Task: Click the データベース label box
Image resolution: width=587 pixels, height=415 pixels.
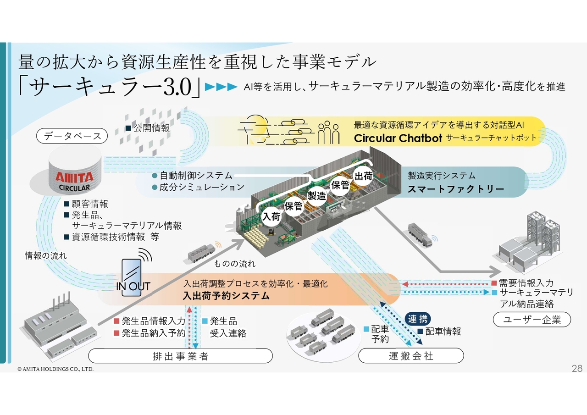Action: pyautogui.click(x=72, y=136)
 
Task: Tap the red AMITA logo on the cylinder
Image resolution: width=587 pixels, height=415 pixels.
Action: pyautogui.click(x=74, y=177)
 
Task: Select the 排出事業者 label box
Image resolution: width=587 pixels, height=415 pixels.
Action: pyautogui.click(x=180, y=356)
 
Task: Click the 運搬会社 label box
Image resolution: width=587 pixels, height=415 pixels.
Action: pyautogui.click(x=411, y=356)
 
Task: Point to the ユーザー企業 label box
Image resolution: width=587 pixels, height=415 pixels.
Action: pyautogui.click(x=532, y=320)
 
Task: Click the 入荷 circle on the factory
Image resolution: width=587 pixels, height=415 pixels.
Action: pyautogui.click(x=271, y=216)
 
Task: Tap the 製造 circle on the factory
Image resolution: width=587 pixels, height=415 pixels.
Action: pyautogui.click(x=317, y=196)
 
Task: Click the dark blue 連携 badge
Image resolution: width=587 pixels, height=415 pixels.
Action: pyautogui.click(x=418, y=319)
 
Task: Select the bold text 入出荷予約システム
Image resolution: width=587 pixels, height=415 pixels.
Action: pyautogui.click(x=226, y=296)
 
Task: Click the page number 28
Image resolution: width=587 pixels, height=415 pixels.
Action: pyautogui.click(x=577, y=368)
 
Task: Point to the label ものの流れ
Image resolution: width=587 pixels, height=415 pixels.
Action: pyautogui.click(x=235, y=264)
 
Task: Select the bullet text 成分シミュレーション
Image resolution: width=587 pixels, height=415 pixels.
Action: pyautogui.click(x=201, y=187)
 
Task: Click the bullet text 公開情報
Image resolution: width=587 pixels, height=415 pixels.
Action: pyautogui.click(x=151, y=128)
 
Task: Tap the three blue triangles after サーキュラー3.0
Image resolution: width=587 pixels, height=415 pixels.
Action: pyautogui.click(x=221, y=86)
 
